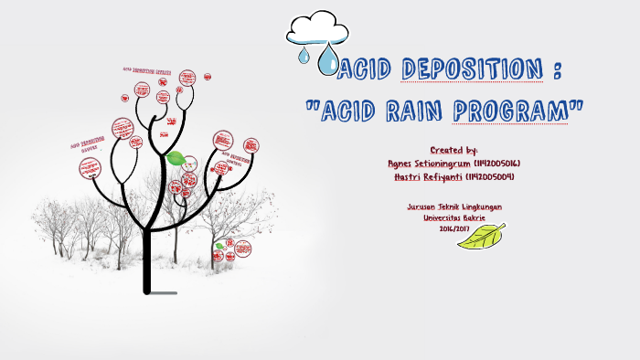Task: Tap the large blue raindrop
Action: (x=327, y=61)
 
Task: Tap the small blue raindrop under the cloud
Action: (x=303, y=57)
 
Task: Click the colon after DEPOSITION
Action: (x=559, y=69)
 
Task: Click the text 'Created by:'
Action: (x=454, y=149)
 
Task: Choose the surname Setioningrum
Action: (x=447, y=163)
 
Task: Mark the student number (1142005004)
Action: (x=491, y=176)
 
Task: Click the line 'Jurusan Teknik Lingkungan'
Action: (x=454, y=207)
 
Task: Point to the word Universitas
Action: (x=442, y=217)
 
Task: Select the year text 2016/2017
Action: (x=454, y=228)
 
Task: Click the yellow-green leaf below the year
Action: (x=481, y=238)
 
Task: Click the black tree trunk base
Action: (x=146, y=287)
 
